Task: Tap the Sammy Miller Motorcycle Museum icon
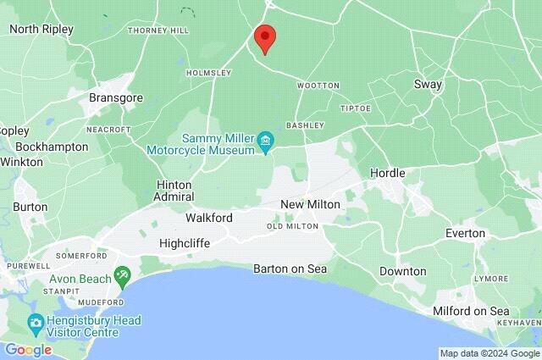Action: click(x=265, y=140)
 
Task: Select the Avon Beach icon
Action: click(x=124, y=275)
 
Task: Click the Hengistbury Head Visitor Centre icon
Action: click(x=35, y=323)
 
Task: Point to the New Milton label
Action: click(x=310, y=205)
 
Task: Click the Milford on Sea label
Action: click(x=471, y=312)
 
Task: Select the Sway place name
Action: click(x=428, y=85)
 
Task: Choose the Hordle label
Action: click(x=388, y=173)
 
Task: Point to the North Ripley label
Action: click(x=41, y=29)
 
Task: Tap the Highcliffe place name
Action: click(x=184, y=243)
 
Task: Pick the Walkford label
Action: click(x=208, y=218)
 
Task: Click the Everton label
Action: click(x=466, y=233)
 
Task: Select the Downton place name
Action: click(x=402, y=271)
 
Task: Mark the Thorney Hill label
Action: click(x=158, y=30)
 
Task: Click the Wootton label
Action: click(x=318, y=86)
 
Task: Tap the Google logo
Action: click(x=27, y=350)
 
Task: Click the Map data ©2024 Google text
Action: click(x=489, y=353)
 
